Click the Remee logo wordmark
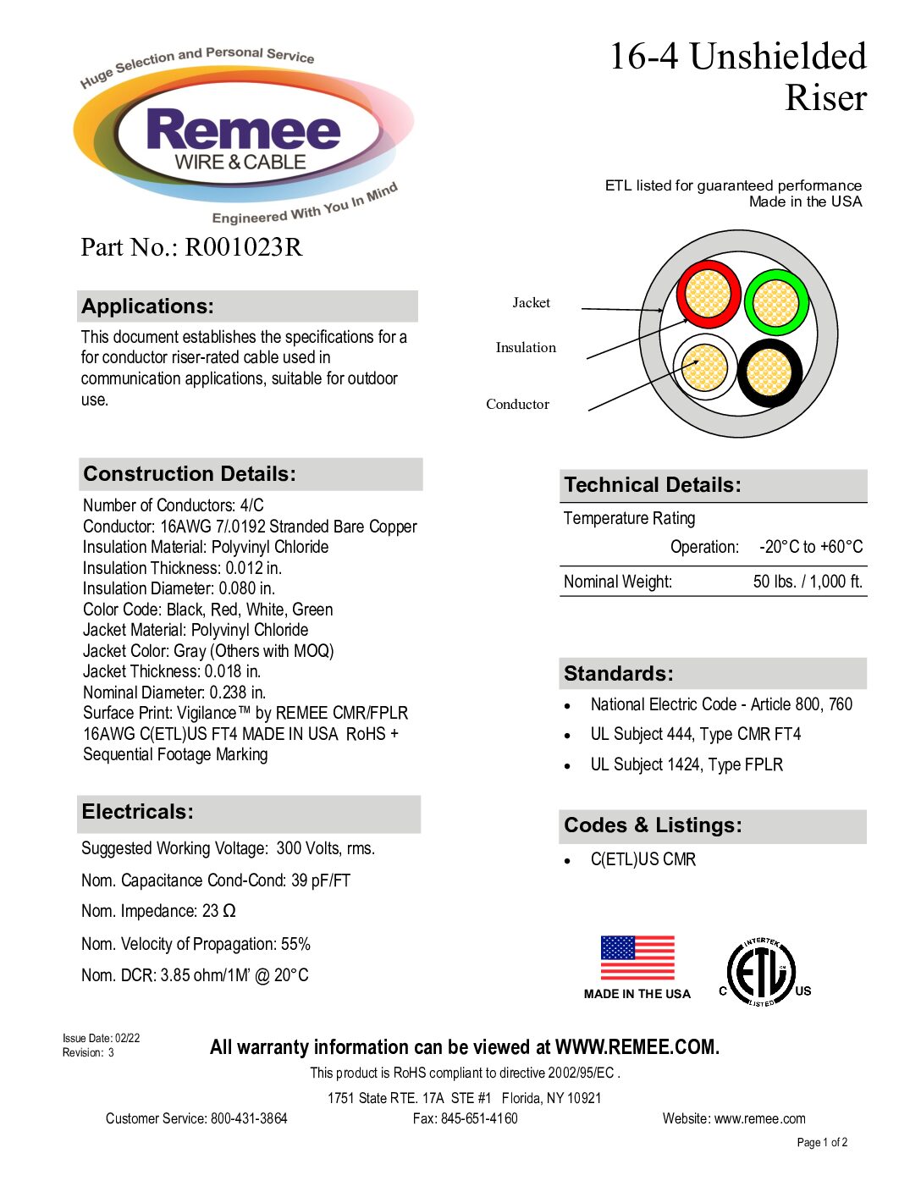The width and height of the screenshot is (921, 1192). point(243,131)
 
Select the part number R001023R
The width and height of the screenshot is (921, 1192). point(243,247)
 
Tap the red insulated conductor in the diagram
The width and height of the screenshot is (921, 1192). point(708,295)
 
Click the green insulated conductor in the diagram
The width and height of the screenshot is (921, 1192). point(776,302)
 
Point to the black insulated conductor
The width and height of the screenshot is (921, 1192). point(769,372)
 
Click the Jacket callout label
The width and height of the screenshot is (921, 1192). point(531,303)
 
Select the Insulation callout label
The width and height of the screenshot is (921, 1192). point(526,348)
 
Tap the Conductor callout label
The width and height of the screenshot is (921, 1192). point(517,405)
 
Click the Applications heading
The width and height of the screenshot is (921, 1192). point(148,306)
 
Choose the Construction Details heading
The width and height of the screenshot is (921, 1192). point(190,474)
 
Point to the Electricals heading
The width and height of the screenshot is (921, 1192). point(138,812)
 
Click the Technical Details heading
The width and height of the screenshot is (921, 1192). point(653,485)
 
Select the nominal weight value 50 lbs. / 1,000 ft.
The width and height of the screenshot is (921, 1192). point(808,582)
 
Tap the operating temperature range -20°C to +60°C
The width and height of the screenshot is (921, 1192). point(811,547)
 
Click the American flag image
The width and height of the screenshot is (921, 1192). point(637,957)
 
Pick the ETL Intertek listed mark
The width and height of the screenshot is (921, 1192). point(762,972)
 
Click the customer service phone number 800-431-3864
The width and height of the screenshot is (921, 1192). point(249,1118)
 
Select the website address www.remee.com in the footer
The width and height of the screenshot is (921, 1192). point(759,1118)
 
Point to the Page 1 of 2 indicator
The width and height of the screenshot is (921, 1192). point(822,1142)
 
